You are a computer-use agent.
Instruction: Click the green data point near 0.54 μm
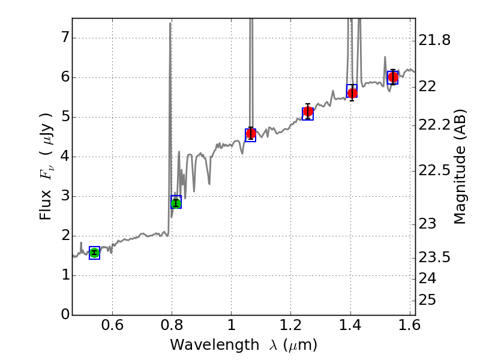[x=94, y=253]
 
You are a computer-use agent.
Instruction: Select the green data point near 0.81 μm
[x=176, y=203]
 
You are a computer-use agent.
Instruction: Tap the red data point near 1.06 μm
[x=251, y=133]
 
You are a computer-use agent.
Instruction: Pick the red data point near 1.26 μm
[x=308, y=112]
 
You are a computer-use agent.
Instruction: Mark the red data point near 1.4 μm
[x=352, y=93]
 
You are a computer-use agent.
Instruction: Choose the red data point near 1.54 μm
[x=393, y=77]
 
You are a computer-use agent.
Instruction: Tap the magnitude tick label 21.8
[x=434, y=41]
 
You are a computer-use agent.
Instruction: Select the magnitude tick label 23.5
[x=434, y=257]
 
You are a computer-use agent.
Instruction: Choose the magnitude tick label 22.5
[x=434, y=171]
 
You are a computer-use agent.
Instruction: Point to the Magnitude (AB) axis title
[x=460, y=166]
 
